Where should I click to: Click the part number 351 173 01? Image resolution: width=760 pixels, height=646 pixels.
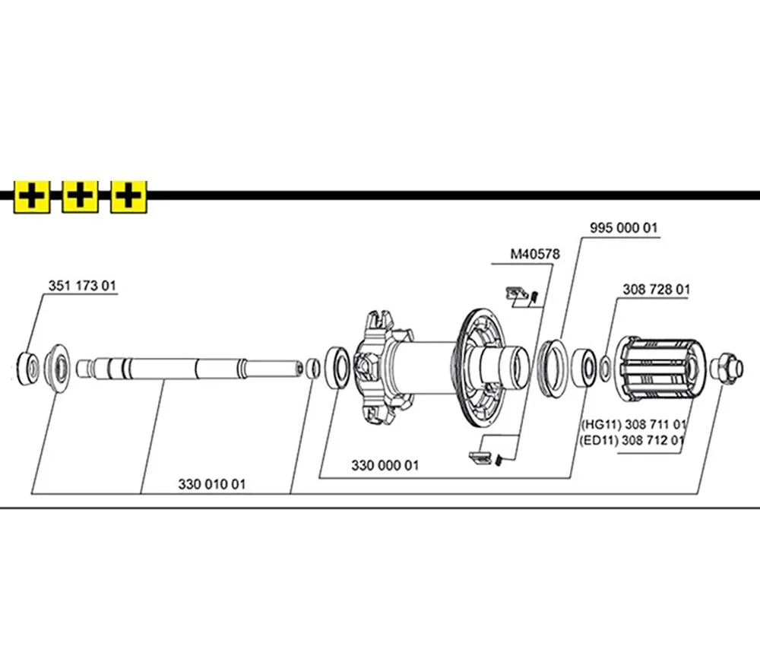pos(82,287)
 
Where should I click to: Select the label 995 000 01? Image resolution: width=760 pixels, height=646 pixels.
pos(624,228)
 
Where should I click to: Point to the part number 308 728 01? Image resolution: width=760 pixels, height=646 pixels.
pos(656,289)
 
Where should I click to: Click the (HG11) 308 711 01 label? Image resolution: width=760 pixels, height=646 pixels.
pos(634,424)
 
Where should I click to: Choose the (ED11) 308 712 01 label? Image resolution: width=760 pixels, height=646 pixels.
pos(634,439)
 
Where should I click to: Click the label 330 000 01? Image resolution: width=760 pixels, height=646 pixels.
pos(385,465)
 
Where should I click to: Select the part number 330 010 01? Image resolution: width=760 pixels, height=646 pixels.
pos(212,483)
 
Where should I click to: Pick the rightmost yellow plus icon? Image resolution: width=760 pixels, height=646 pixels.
pos(128,197)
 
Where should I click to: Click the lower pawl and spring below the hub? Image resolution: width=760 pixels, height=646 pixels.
pos(486,457)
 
